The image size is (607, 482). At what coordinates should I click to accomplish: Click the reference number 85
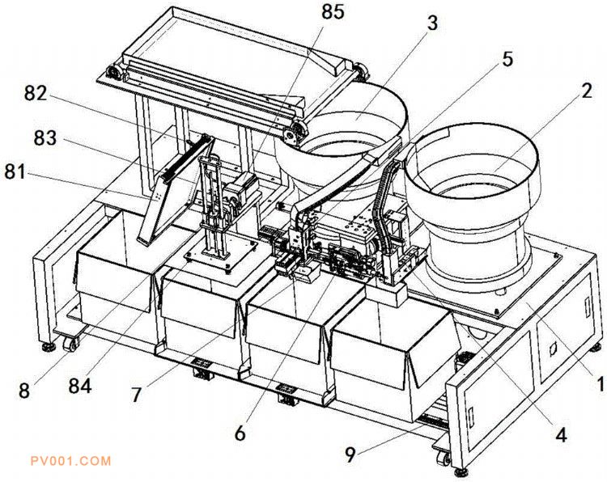[x=333, y=11]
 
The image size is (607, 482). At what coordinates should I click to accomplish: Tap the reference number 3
[x=432, y=23]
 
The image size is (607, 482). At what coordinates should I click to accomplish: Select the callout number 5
[x=507, y=59]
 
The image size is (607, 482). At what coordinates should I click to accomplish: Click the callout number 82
[x=36, y=93]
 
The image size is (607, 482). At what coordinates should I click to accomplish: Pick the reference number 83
[x=45, y=138]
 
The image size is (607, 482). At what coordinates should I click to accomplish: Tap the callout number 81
[x=15, y=171]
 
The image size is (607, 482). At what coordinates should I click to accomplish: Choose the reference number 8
[x=24, y=391]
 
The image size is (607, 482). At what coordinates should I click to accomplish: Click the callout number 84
[x=80, y=386]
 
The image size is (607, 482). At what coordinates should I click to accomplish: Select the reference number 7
[x=136, y=395]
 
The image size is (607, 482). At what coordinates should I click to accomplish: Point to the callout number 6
[x=240, y=433]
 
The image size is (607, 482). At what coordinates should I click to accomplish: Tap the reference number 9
[x=350, y=455]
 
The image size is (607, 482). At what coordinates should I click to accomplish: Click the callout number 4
[x=561, y=435]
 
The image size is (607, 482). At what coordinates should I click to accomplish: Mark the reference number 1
[x=600, y=384]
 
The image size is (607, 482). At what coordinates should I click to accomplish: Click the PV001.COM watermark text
[x=70, y=461]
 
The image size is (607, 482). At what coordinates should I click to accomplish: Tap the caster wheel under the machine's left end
[x=71, y=344]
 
